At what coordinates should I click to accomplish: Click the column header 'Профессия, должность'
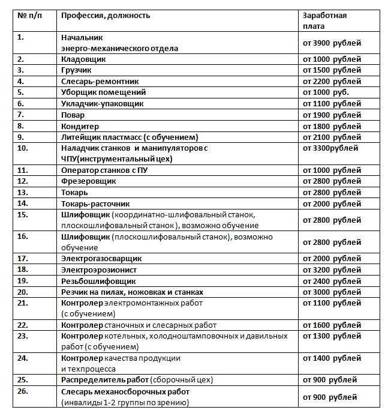(106, 15)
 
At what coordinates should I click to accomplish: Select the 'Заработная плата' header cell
(324, 20)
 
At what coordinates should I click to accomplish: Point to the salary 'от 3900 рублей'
(332, 43)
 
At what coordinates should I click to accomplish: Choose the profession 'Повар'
(73, 115)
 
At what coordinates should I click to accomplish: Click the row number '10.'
(23, 148)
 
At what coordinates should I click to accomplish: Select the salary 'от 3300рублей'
(330, 148)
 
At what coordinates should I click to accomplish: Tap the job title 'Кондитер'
(80, 126)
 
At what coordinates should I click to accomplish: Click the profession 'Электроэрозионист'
(99, 270)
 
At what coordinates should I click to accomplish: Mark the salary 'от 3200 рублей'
(332, 270)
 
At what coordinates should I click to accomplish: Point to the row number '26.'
(23, 391)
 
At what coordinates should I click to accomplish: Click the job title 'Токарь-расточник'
(95, 203)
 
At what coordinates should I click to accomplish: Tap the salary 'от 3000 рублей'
(332, 292)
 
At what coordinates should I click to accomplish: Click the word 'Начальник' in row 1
(83, 37)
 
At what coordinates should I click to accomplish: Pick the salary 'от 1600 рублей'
(332, 325)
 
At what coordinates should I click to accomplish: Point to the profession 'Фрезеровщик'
(89, 181)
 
